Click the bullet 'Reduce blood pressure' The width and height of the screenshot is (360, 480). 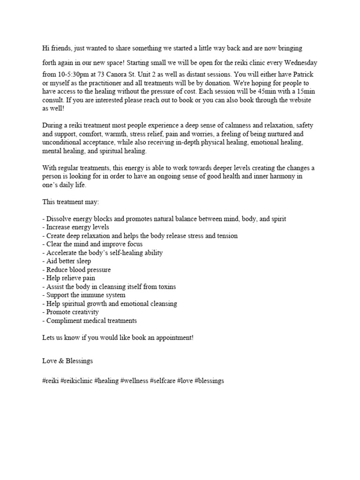(x=76, y=270)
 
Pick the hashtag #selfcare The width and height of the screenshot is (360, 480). (x=162, y=381)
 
